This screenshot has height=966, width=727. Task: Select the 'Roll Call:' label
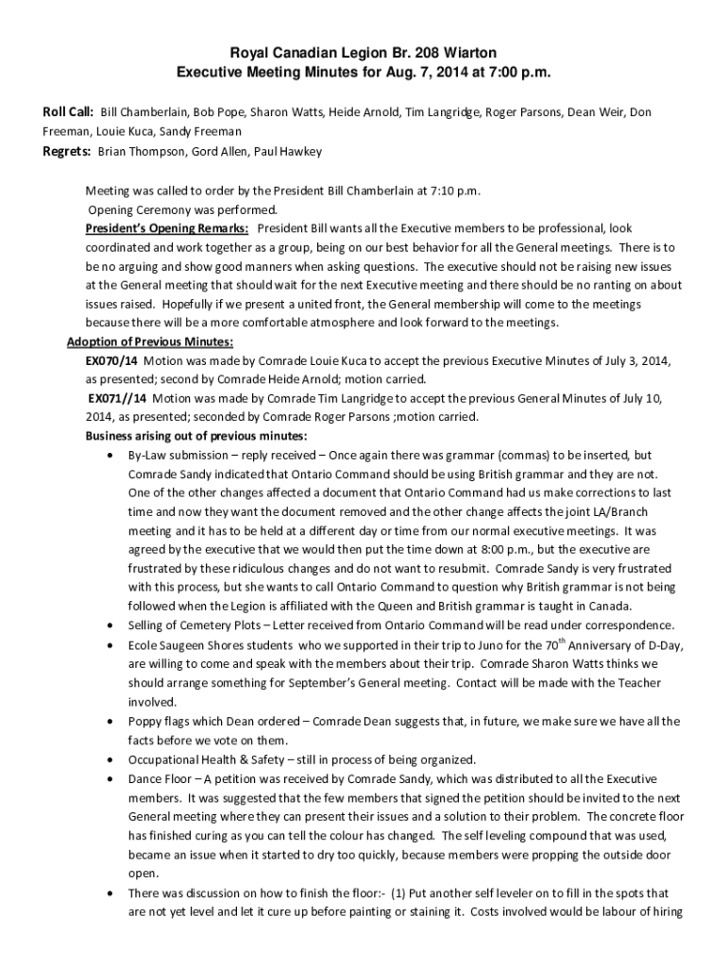click(66, 112)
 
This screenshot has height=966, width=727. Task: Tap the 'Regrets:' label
click(65, 151)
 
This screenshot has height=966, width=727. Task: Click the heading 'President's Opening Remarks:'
click(167, 228)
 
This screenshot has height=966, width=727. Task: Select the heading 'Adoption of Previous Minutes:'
click(150, 341)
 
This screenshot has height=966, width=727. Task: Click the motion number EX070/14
click(111, 360)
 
